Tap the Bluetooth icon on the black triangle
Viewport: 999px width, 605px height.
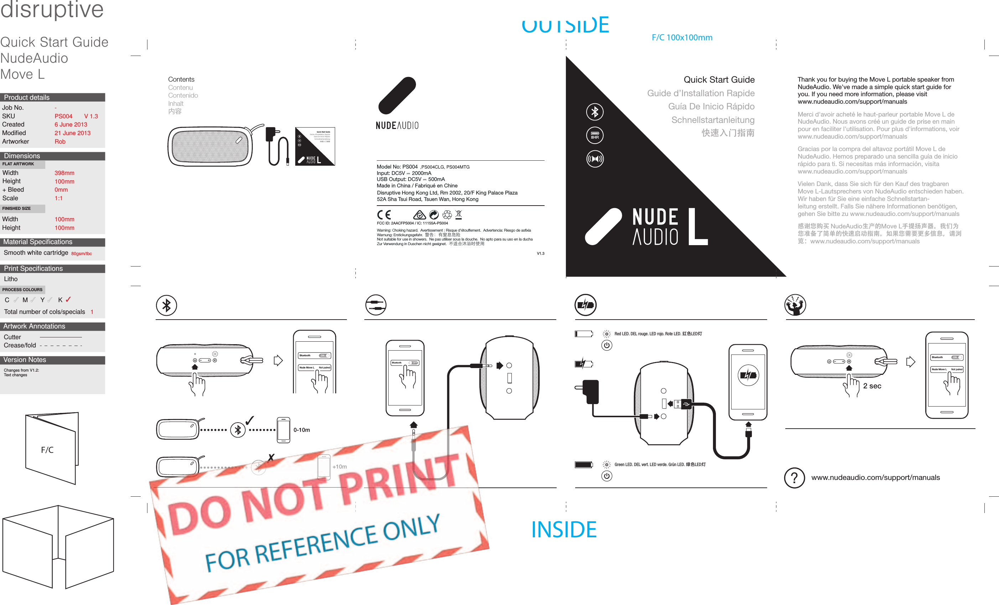(x=595, y=112)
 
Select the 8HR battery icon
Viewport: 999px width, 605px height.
(x=595, y=135)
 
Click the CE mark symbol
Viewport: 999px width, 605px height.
(x=384, y=214)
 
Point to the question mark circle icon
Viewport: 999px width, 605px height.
(x=794, y=478)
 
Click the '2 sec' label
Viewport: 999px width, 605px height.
(x=872, y=386)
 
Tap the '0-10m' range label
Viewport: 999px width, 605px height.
(x=301, y=430)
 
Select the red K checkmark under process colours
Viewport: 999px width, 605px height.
(x=68, y=300)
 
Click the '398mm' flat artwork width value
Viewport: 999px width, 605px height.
(x=64, y=173)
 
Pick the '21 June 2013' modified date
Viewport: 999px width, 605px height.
(x=73, y=133)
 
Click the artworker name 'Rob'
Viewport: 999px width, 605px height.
(x=60, y=141)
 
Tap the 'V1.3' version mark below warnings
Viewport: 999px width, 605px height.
(x=540, y=253)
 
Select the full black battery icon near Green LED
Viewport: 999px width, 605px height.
(x=583, y=465)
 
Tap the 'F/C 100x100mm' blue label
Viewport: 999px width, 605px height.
(x=682, y=37)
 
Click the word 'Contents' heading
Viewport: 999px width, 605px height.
(x=181, y=79)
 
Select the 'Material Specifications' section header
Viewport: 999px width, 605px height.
(x=38, y=242)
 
